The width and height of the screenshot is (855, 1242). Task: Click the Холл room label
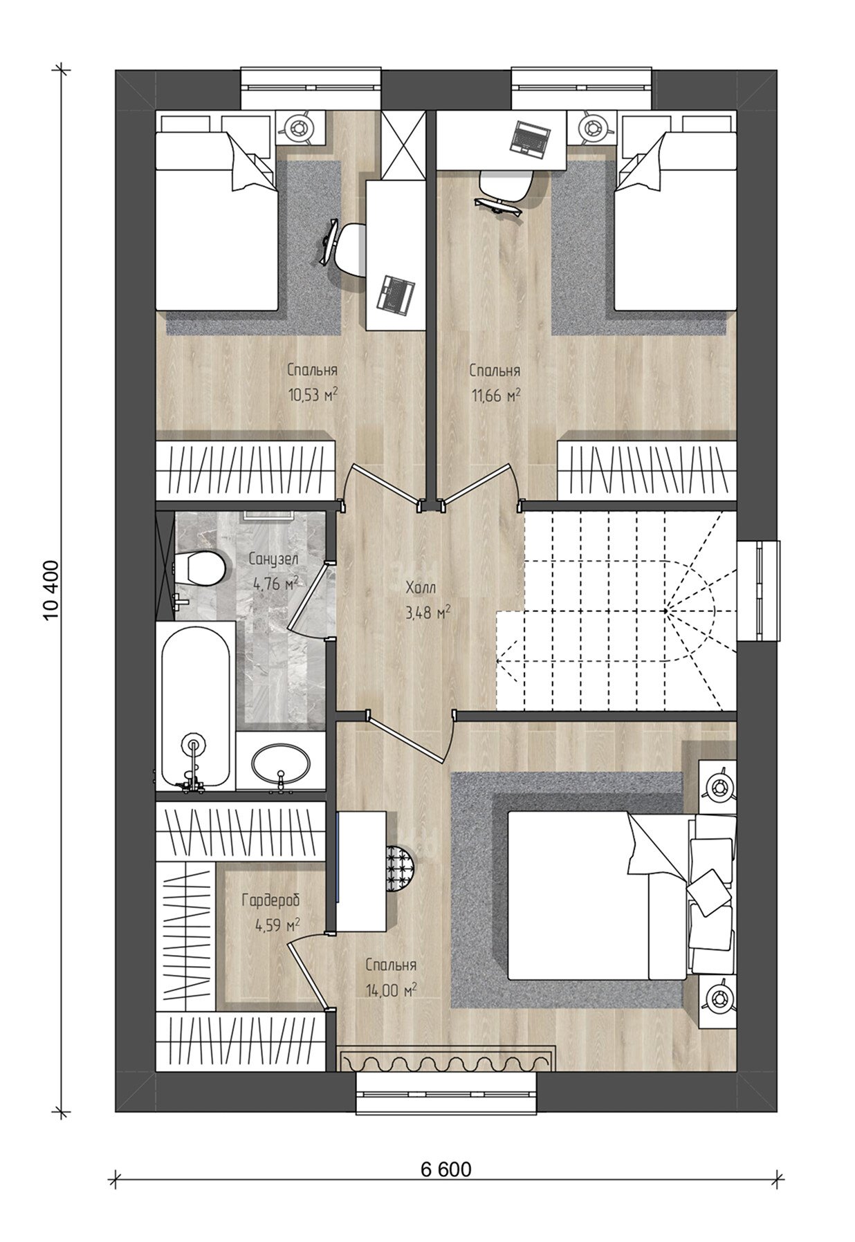click(x=421, y=588)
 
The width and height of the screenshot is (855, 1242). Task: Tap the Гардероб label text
click(x=270, y=900)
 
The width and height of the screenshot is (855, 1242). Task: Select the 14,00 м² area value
click(x=391, y=991)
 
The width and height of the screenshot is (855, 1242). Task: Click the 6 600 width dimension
click(x=445, y=1169)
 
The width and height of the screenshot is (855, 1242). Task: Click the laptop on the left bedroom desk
click(x=395, y=293)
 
